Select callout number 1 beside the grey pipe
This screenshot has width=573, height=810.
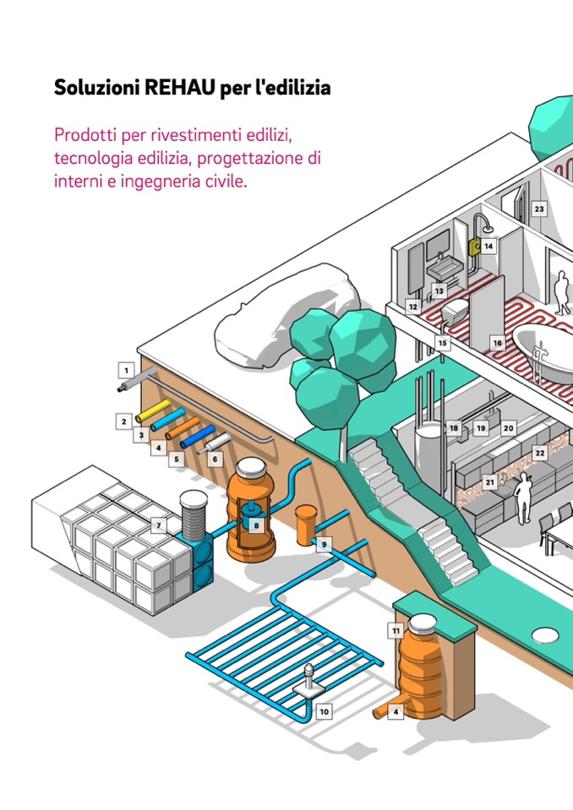(126, 370)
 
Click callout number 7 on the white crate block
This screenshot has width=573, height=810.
(158, 525)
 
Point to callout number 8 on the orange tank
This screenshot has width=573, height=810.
(257, 525)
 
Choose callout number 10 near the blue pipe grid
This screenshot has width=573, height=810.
(324, 712)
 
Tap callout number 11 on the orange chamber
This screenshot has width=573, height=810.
(396, 630)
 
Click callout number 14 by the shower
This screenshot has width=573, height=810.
(488, 246)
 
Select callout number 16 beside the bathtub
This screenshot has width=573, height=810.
(497, 344)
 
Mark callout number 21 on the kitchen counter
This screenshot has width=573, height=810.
(489, 482)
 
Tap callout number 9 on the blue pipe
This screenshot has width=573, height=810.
(324, 545)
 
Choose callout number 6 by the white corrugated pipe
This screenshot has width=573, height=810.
(214, 459)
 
